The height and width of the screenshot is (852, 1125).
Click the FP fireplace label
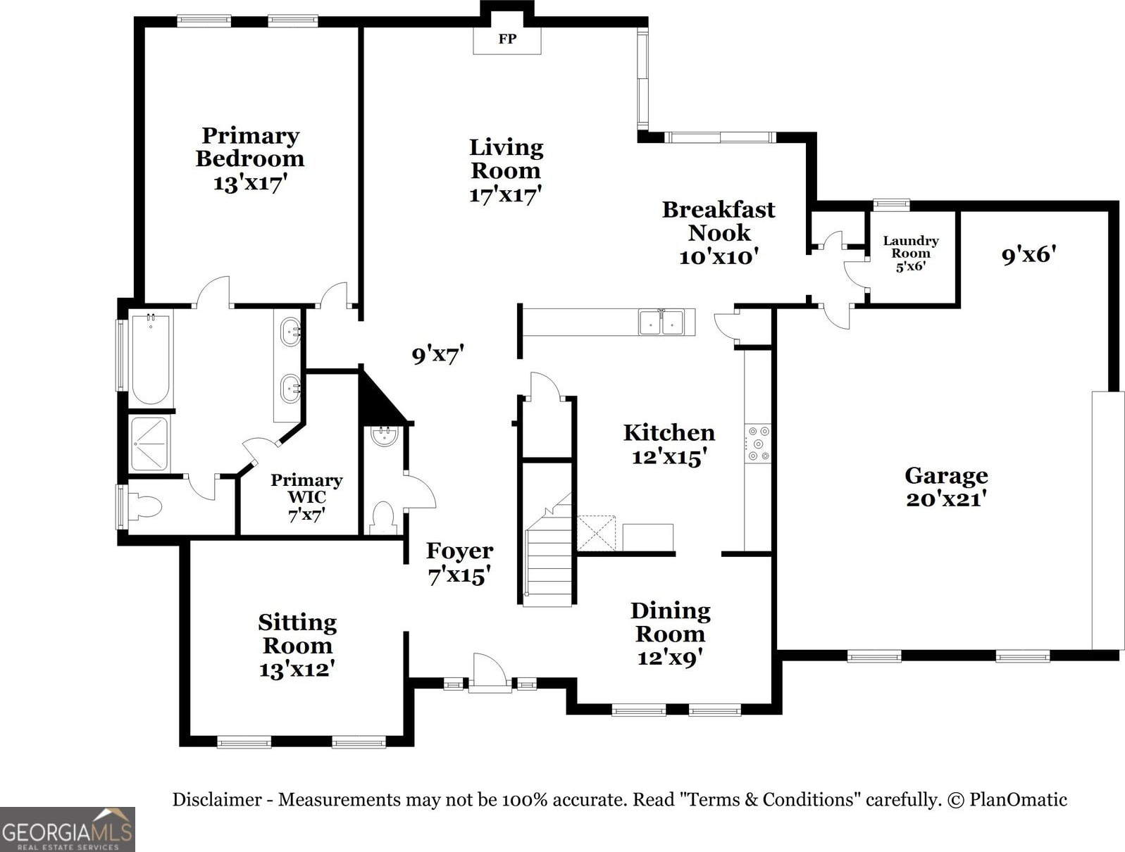pos(507,39)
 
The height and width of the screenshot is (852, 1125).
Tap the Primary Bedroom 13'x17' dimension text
pos(250,183)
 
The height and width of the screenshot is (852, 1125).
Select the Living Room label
pos(506,158)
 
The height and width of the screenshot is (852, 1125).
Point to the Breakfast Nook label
pos(719,220)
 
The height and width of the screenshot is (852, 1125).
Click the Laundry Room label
pos(911,247)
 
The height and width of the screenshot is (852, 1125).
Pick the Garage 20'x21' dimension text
pos(946,499)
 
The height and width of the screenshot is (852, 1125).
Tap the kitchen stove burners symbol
pos(758,443)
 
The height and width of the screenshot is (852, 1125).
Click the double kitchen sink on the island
pos(661,322)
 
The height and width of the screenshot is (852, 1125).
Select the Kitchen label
pos(669,432)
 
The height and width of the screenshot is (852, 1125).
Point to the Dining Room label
pos(670,622)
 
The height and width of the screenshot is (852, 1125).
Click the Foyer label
pos(459,551)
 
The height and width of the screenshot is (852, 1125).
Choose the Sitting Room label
pos(297,634)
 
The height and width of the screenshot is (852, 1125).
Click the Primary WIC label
pos(306,488)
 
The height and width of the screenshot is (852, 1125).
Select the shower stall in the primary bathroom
pos(149,444)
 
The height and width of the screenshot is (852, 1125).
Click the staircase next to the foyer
pos(549,563)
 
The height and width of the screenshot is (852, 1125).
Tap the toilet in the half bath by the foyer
pos(383,518)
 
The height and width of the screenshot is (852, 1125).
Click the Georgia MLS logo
pos(67,829)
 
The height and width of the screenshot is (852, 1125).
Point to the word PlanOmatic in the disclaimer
pos(1018,800)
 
